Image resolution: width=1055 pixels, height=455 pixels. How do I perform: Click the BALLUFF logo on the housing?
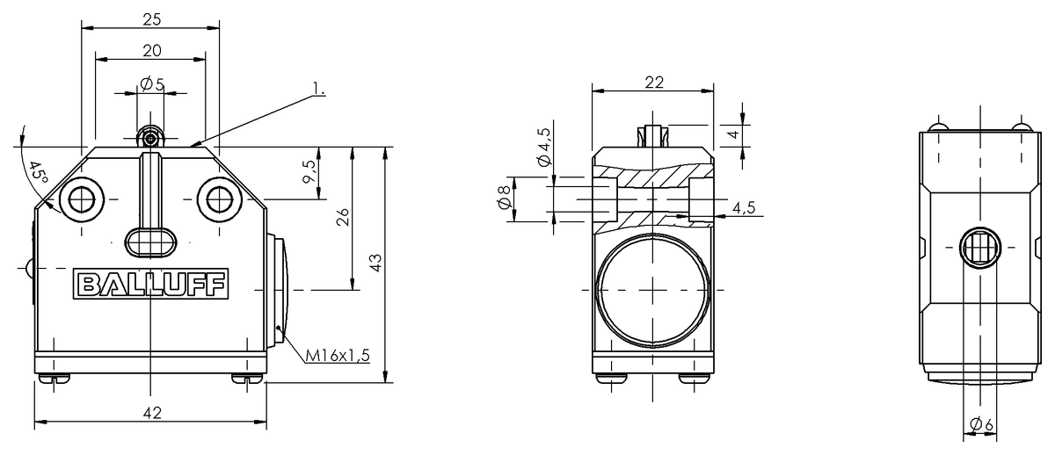[150, 284]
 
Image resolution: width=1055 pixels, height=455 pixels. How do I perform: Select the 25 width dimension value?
[151, 19]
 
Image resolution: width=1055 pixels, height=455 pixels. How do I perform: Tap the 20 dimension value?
[151, 51]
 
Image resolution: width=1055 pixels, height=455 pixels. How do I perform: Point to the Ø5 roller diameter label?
[152, 84]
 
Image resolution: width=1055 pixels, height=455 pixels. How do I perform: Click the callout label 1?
[319, 88]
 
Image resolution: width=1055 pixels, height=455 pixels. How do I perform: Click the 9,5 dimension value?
[309, 171]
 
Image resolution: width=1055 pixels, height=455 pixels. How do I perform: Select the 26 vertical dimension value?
[344, 216]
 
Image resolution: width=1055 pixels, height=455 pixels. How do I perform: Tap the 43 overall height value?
[376, 263]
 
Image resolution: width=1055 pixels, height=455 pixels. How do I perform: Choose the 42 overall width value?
[151, 413]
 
